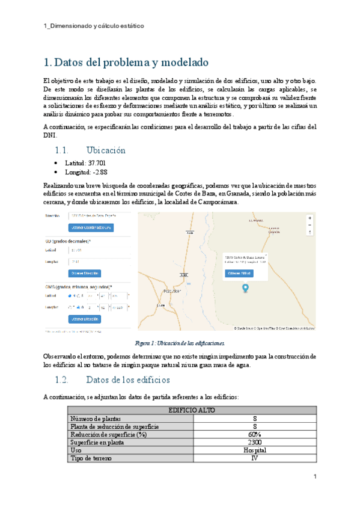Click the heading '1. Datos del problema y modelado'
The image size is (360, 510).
click(126, 63)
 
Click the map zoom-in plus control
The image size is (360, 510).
click(310, 218)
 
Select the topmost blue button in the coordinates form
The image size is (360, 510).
click(91, 228)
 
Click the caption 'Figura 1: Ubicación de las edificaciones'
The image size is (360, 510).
click(180, 343)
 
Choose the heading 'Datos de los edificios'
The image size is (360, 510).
click(128, 380)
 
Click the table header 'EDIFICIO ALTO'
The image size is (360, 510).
click(191, 410)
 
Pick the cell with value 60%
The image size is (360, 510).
click(254, 434)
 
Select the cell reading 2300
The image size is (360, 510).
click(254, 442)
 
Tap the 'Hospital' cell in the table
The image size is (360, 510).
click(254, 450)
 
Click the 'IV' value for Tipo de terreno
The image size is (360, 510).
click(254, 458)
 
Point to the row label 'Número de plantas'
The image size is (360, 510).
click(96, 418)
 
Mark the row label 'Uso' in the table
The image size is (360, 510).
click(76, 450)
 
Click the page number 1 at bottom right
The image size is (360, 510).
click(315, 477)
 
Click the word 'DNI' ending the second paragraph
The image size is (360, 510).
click(51, 135)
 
